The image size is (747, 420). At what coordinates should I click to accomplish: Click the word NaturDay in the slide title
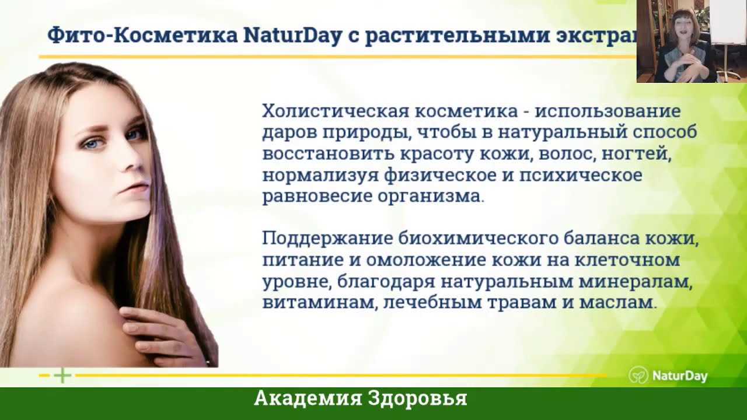(292, 36)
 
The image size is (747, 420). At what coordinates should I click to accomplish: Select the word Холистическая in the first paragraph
(336, 111)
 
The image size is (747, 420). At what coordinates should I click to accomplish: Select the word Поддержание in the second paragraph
(327, 239)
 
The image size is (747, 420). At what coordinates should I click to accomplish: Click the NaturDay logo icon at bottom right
(638, 375)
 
